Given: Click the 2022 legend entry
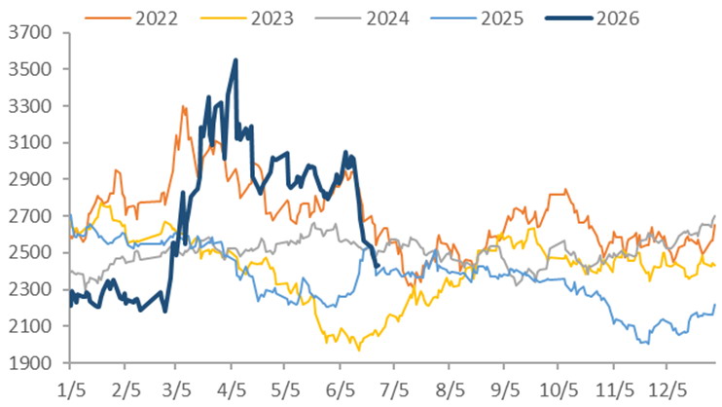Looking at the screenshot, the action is (x=131, y=18).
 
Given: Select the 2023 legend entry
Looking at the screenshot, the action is (x=247, y=18).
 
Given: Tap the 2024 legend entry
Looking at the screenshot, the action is (x=362, y=18).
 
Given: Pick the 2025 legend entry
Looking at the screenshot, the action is (x=477, y=18).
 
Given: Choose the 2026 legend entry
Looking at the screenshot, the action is (x=593, y=18).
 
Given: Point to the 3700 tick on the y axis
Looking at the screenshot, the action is (x=30, y=33).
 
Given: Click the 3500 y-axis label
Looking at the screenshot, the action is (x=30, y=69).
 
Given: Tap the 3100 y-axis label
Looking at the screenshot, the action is (x=30, y=142).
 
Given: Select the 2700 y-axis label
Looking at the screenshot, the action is (x=30, y=216).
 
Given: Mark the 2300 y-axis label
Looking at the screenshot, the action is (x=30, y=289).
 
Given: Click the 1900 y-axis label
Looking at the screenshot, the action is (x=30, y=363).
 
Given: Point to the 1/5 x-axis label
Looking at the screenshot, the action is (x=71, y=390).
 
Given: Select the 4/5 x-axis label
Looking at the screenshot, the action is (x=232, y=390).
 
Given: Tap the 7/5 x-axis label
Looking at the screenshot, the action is (x=394, y=390).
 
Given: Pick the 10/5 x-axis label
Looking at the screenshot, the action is (x=559, y=390).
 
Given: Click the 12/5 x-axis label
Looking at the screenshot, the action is (x=668, y=390).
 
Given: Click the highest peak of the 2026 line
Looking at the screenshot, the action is (x=235, y=60).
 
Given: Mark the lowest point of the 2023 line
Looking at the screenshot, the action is (x=359, y=351).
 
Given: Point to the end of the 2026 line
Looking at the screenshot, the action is (x=379, y=266).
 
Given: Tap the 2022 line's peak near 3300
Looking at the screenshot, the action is (x=183, y=106).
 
